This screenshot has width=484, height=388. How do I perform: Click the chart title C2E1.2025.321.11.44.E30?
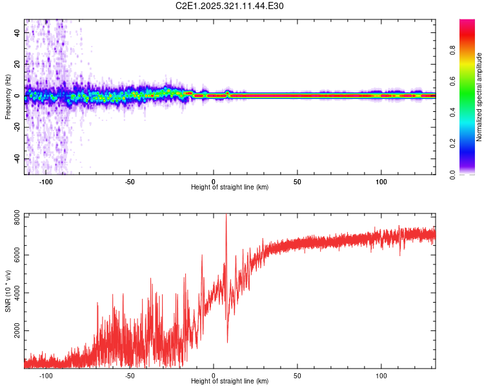click(x=230, y=6)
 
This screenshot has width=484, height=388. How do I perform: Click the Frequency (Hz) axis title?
click(x=8, y=96)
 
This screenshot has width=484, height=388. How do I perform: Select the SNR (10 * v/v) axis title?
click(x=8, y=290)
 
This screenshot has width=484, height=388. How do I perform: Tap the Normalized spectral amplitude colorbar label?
click(x=479, y=97)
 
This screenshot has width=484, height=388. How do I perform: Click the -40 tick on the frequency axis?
click(x=17, y=158)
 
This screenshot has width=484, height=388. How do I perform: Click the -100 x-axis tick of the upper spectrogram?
click(x=46, y=182)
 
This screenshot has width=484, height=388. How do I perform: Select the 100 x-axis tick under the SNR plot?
click(x=381, y=375)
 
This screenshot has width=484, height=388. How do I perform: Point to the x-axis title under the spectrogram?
click(x=230, y=188)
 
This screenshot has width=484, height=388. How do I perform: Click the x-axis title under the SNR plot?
click(x=230, y=381)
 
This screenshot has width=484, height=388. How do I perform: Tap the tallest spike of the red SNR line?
click(x=226, y=216)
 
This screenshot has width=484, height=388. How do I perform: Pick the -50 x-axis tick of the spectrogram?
click(x=130, y=182)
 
